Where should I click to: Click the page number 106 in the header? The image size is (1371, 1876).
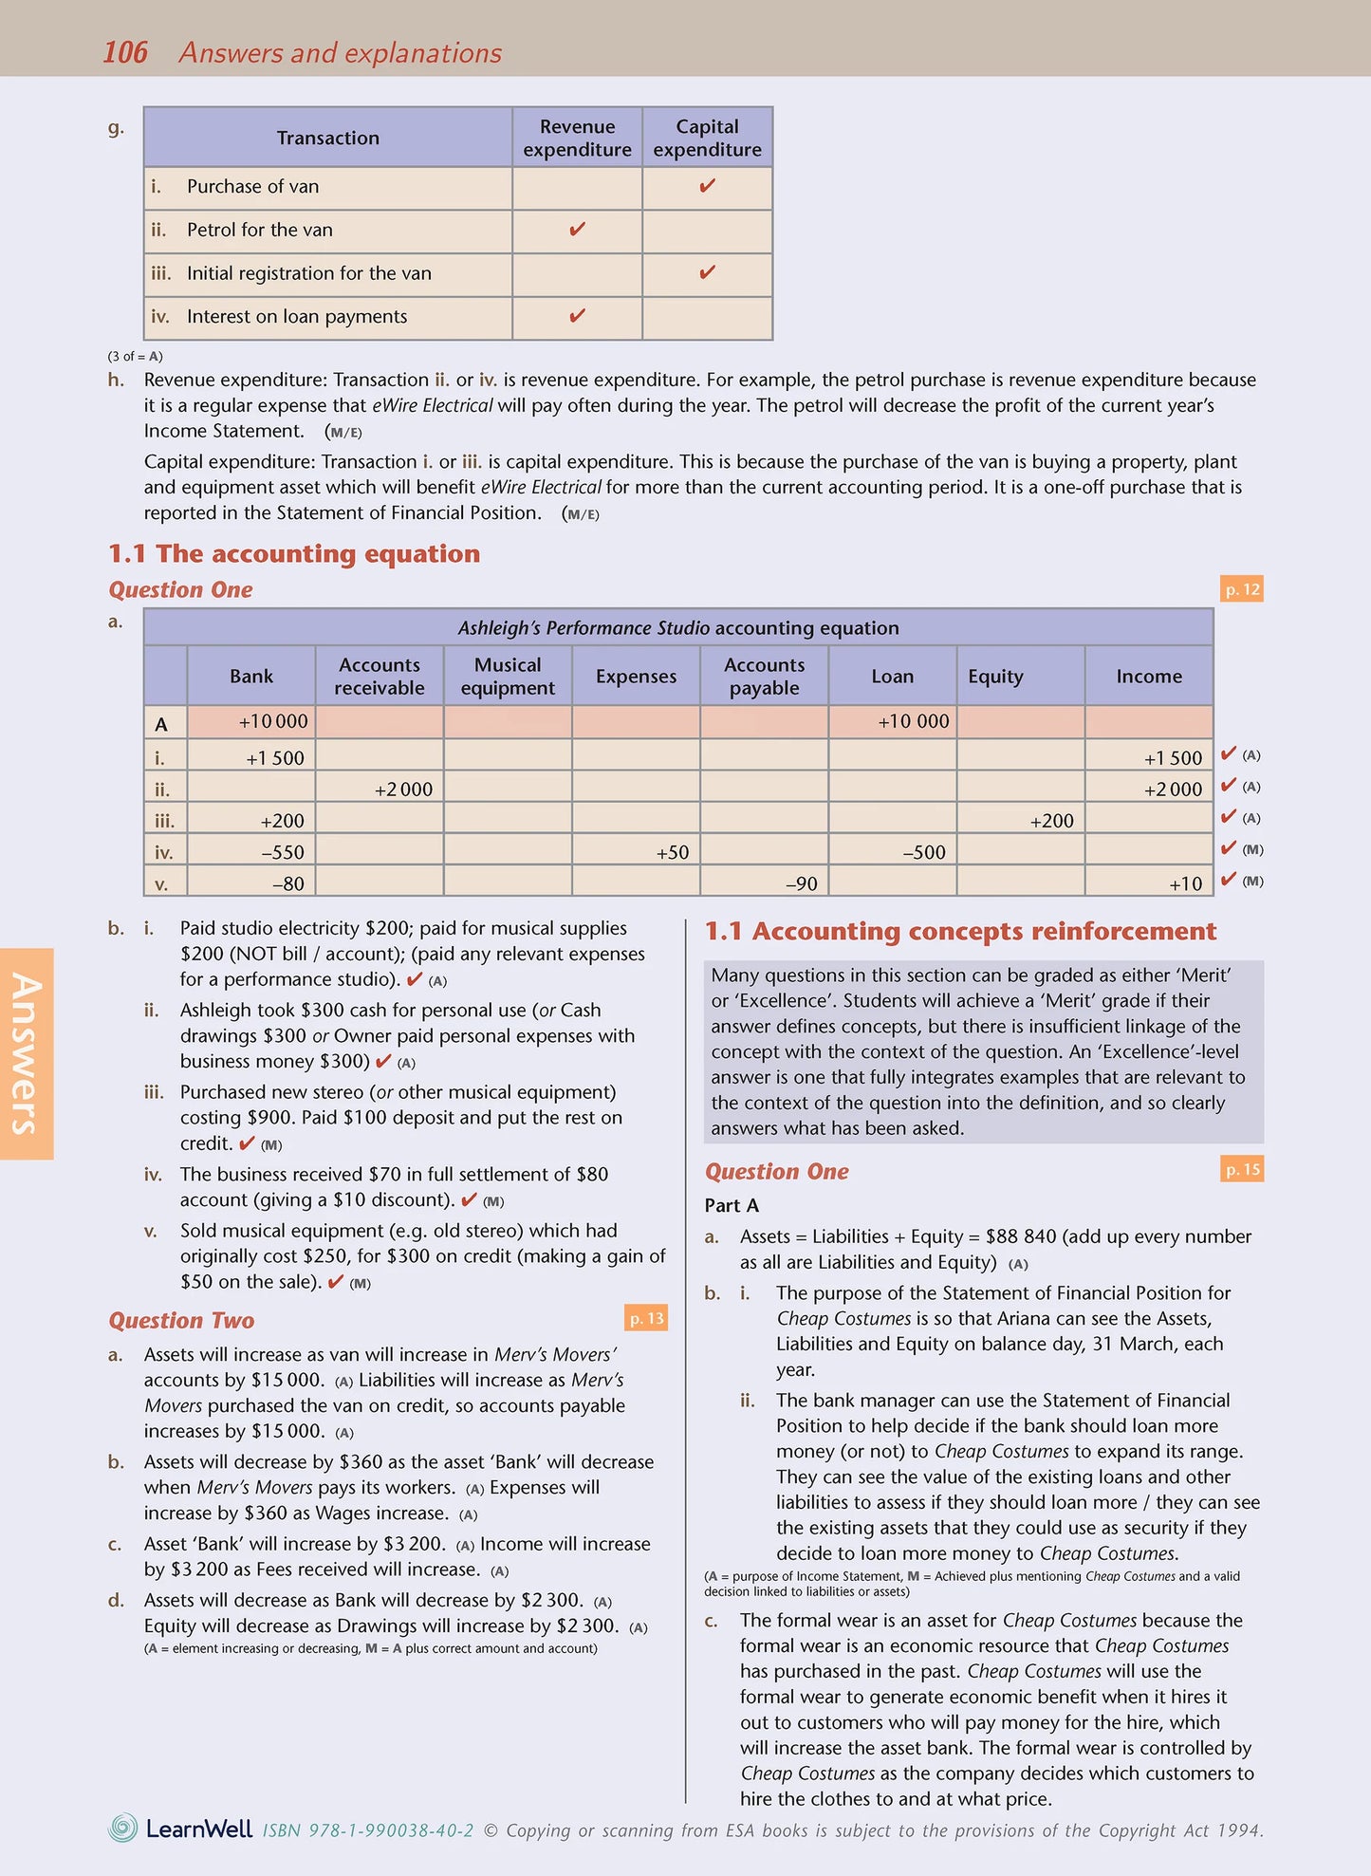pos(124,52)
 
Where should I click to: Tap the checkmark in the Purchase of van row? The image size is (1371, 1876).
pos(707,187)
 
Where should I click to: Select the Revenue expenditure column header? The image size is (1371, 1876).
pos(577,138)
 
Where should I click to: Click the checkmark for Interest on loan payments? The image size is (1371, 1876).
pos(577,316)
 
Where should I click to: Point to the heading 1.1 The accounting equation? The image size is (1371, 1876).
pos(294,553)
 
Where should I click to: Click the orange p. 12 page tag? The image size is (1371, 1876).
pos(1241,589)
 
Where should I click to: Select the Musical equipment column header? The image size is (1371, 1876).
pos(508,676)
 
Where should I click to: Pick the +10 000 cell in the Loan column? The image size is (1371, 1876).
pos(913,721)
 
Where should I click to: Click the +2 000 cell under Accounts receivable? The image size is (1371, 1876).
pos(403,789)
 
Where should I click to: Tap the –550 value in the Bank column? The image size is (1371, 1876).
pos(283,852)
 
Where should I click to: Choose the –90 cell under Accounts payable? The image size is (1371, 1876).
pos(801,883)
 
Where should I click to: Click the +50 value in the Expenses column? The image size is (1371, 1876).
pos(672,852)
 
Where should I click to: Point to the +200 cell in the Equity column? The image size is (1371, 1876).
pos(1051,821)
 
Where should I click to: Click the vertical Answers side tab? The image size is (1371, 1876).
pos(26,1053)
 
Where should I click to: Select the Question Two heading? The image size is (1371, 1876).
pos(181,1320)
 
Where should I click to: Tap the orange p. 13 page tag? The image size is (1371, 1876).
pos(646,1318)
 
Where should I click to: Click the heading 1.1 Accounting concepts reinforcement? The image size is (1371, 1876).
pos(960,931)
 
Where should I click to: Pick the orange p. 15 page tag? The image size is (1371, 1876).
pos(1241,1169)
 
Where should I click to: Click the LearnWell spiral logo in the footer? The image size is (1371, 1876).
pos(123,1828)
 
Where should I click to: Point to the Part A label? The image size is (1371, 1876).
pos(732,1205)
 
